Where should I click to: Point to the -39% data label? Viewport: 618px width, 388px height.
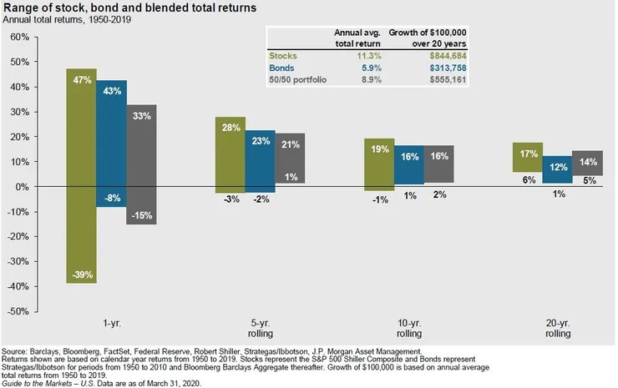pyautogui.click(x=81, y=274)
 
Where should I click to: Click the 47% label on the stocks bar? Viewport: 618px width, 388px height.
pyautogui.click(x=81, y=82)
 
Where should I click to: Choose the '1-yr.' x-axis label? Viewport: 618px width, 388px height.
pyautogui.click(x=111, y=320)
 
